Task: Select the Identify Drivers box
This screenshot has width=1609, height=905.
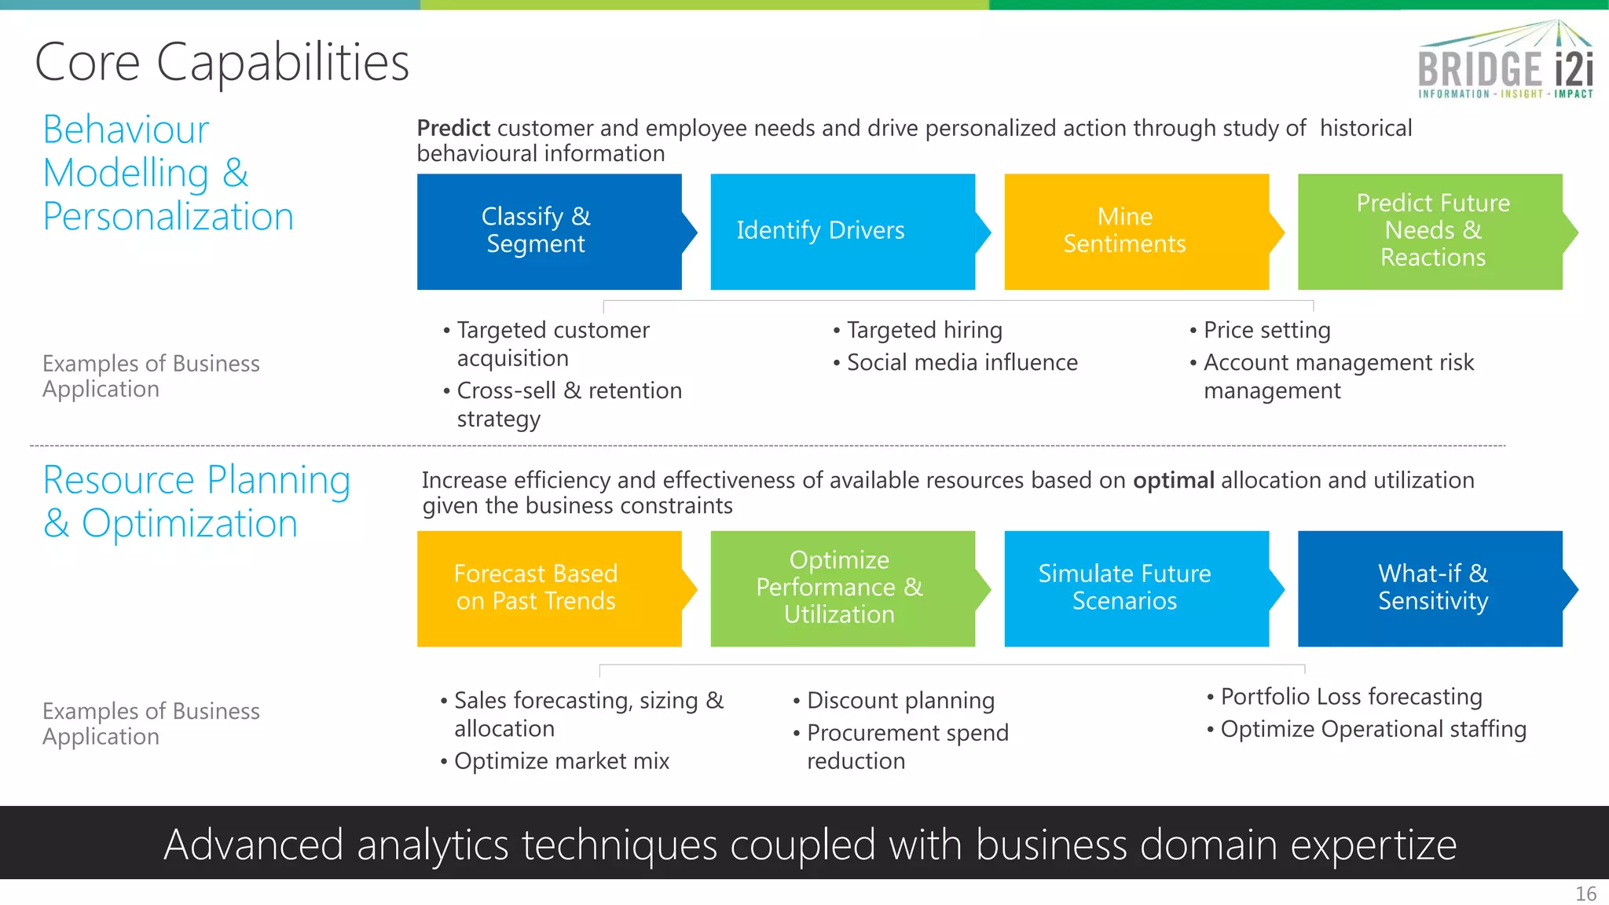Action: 842,231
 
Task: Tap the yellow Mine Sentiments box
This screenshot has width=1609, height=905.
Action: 1136,231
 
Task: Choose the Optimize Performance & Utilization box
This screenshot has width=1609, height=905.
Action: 842,588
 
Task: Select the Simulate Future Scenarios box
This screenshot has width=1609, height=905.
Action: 1136,588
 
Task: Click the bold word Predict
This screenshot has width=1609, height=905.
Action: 453,128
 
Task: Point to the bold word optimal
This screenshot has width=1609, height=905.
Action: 1173,480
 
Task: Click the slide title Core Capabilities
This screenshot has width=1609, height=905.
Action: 222,62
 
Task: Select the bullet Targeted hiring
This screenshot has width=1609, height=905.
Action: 924,330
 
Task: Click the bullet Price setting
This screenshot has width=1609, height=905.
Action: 1266,330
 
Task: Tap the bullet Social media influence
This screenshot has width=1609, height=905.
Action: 962,362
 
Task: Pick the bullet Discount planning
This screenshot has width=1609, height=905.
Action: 900,700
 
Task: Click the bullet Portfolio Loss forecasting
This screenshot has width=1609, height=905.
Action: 1351,696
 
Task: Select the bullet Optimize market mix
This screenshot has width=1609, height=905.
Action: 561,760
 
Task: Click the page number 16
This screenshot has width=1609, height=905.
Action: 1585,894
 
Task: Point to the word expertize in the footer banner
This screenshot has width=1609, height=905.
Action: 1373,845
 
